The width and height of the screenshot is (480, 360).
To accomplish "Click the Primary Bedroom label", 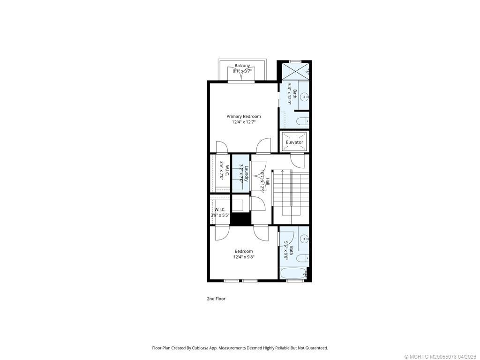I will pyautogui.click(x=243, y=116).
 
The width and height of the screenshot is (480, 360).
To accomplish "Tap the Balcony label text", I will pyautogui.click(x=242, y=66).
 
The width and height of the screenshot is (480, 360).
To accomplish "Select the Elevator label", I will pyautogui.click(x=294, y=142).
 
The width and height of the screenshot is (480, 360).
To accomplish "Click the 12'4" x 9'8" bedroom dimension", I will pyautogui.click(x=243, y=257).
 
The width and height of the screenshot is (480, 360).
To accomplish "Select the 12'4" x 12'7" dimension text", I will pyautogui.click(x=243, y=122).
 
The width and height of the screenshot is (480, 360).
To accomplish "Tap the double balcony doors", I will pyautogui.click(x=242, y=75).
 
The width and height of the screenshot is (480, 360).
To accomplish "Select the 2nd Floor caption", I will pyautogui.click(x=216, y=299).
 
